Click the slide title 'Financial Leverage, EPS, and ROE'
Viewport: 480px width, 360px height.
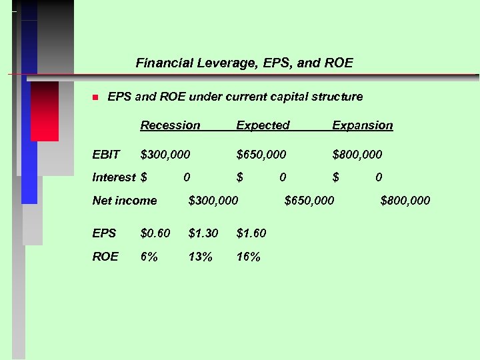click(x=244, y=63)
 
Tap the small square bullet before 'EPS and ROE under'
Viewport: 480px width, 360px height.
click(x=95, y=97)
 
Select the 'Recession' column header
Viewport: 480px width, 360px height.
click(x=170, y=125)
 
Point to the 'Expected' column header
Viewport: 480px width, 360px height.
click(x=263, y=125)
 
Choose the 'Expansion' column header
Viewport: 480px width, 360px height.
click(x=362, y=125)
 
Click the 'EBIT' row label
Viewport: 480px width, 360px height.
click(x=106, y=155)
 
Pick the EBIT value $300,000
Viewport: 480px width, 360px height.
click(x=165, y=155)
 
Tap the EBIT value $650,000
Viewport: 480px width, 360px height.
click(x=261, y=155)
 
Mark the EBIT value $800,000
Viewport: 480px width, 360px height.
click(x=357, y=155)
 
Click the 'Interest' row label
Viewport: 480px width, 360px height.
click(x=113, y=177)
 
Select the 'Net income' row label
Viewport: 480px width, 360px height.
click(x=125, y=201)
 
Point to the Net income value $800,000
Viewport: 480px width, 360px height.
click(x=405, y=201)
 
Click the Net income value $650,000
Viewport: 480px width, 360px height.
click(x=309, y=201)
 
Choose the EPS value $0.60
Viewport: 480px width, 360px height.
click(x=155, y=233)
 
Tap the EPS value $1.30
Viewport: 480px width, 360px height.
click(x=203, y=233)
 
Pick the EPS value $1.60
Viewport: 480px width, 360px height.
click(x=251, y=233)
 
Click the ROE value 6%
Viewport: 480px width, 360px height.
click(x=149, y=257)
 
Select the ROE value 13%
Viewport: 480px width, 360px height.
click(x=201, y=257)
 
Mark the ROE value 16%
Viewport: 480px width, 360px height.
click(x=249, y=257)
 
